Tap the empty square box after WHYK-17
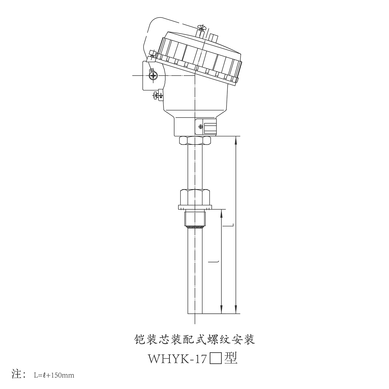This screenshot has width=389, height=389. [x=216, y=359]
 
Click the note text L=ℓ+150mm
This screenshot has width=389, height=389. [x=54, y=375]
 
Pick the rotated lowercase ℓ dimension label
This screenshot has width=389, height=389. [x=214, y=262]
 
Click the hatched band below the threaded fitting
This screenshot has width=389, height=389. [x=195, y=227]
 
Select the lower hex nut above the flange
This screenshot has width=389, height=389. [x=195, y=197]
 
